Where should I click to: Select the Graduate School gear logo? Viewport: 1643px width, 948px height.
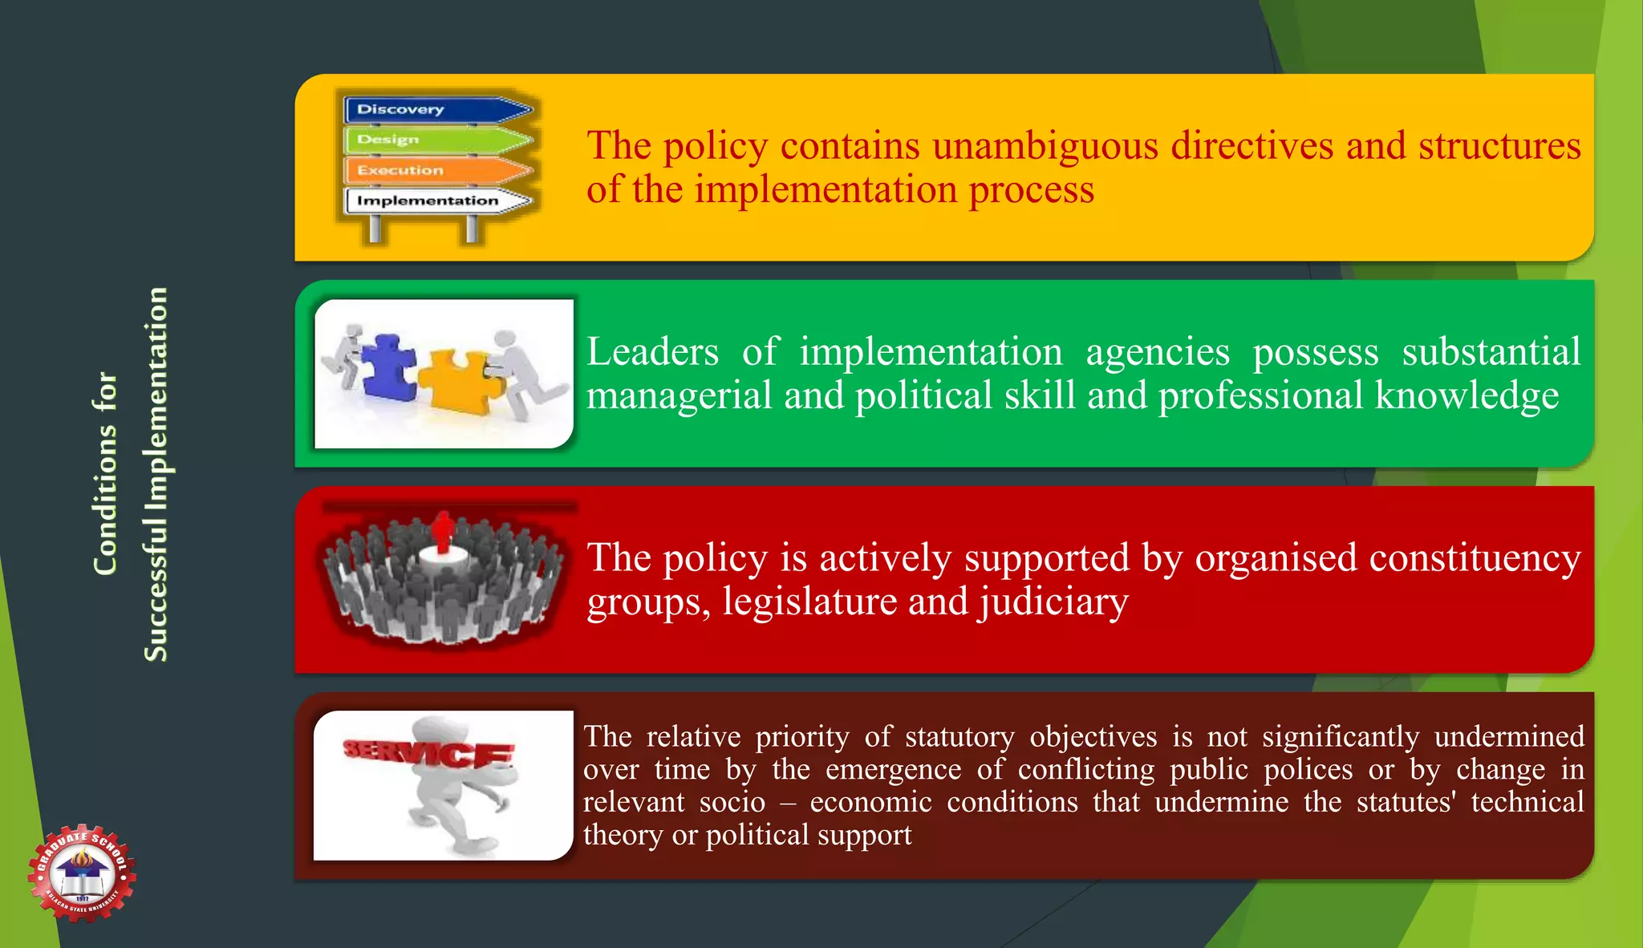click(82, 873)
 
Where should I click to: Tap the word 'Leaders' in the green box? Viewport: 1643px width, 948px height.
click(652, 352)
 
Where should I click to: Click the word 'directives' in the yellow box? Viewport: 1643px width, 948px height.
click(1252, 146)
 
